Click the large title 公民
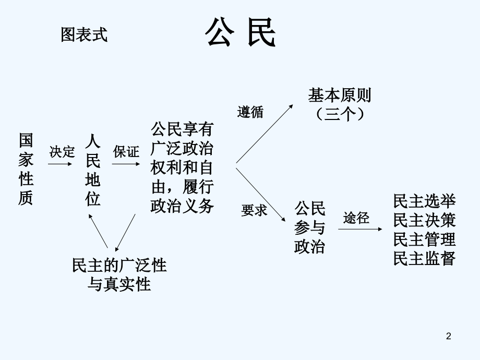coord(240,34)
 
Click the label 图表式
coord(84,35)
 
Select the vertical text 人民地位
coord(93,170)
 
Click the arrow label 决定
coord(62,152)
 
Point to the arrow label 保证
coord(126,152)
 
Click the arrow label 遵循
coord(251,112)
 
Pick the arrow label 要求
coord(254,210)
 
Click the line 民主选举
coord(425,201)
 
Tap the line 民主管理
coord(425,239)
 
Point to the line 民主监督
coord(425,259)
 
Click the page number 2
coord(448,338)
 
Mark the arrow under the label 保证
coord(126,163)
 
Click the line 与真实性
coord(119,284)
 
